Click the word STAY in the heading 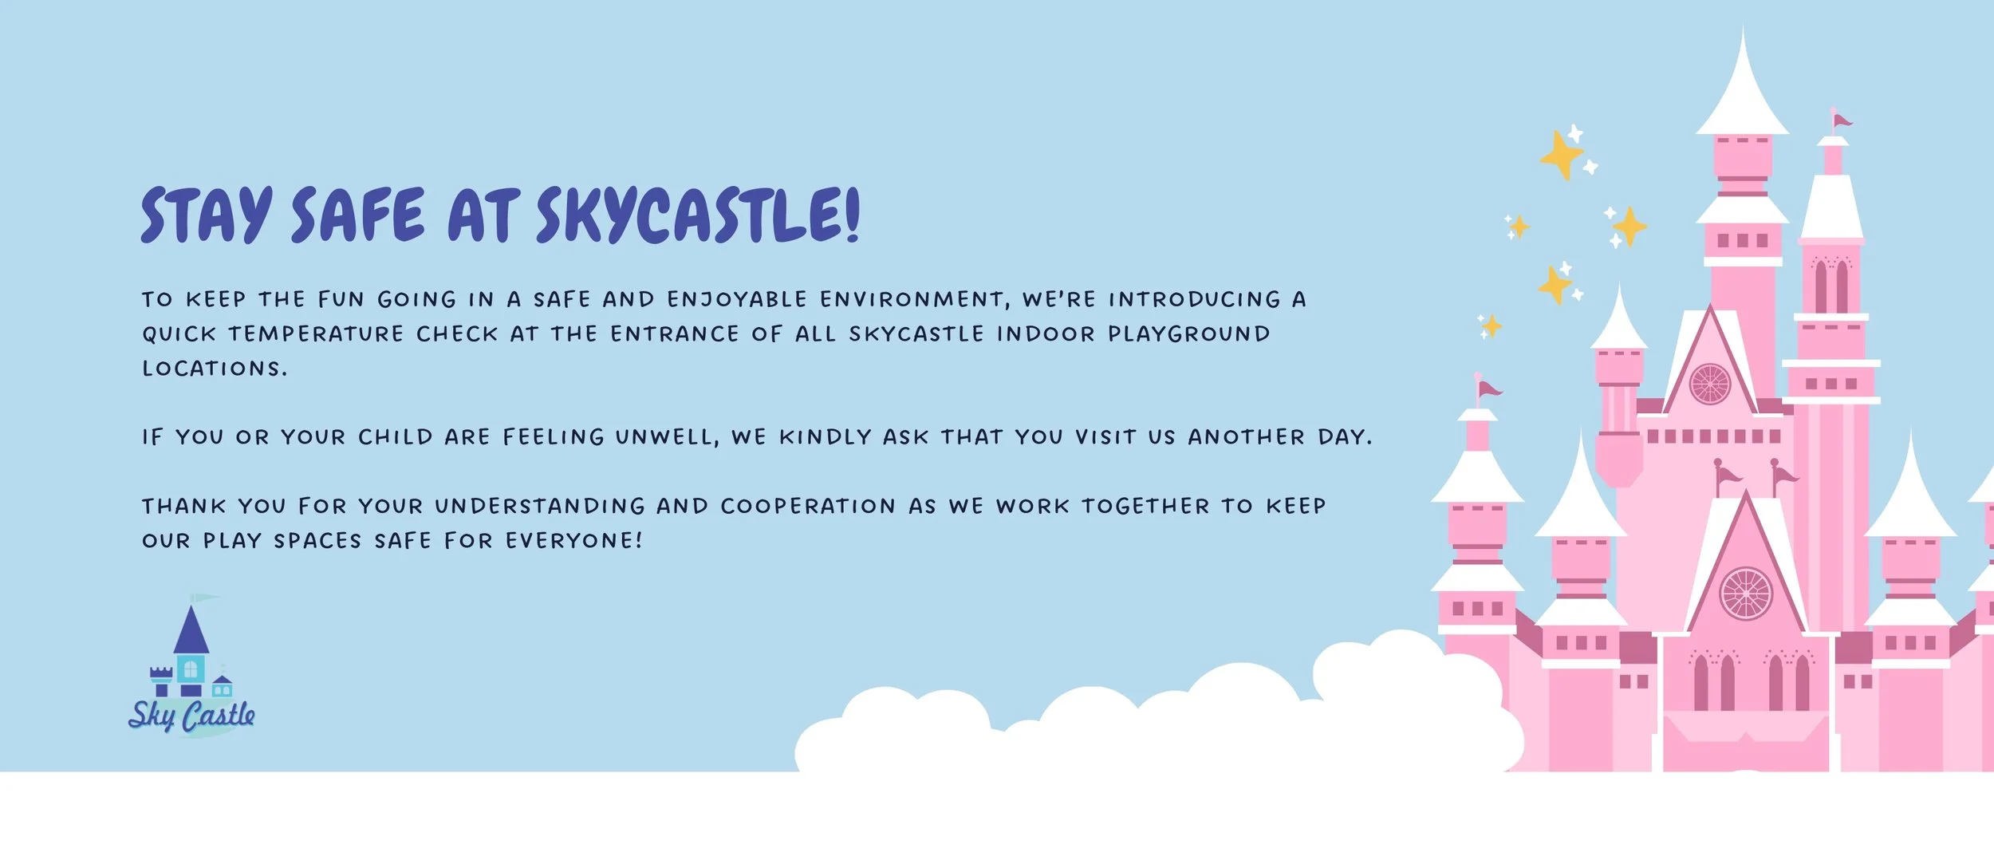[x=206, y=215]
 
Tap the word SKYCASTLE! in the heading [x=698, y=215]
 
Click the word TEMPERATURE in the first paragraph [x=316, y=334]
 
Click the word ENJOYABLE [x=737, y=299]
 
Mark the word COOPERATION [x=808, y=507]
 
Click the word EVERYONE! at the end [x=573, y=541]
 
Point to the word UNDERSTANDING [x=539, y=507]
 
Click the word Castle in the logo [x=219, y=716]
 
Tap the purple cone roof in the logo [x=191, y=633]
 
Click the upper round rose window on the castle [x=1710, y=384]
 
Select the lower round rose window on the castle [x=1746, y=594]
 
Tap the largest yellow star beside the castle [x=1560, y=155]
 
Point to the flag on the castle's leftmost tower [x=1488, y=390]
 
